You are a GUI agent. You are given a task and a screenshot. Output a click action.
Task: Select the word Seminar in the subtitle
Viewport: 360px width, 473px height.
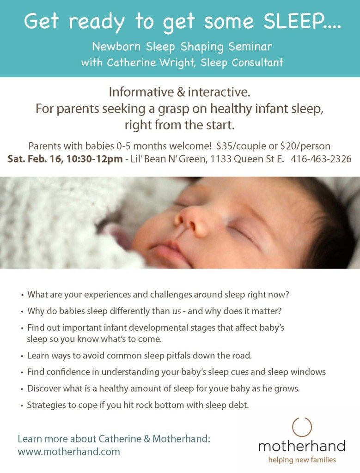click(x=250, y=47)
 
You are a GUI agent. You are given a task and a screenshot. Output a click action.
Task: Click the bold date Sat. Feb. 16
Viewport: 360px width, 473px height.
click(x=36, y=159)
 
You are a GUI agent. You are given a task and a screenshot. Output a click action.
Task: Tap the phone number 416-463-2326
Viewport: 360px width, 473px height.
click(x=321, y=159)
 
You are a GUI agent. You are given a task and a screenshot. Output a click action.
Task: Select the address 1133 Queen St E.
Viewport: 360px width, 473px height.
click(x=247, y=159)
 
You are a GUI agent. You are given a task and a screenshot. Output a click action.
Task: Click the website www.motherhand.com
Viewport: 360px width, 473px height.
click(x=69, y=452)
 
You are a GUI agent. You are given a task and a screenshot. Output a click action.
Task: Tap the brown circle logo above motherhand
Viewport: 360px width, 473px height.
click(x=302, y=427)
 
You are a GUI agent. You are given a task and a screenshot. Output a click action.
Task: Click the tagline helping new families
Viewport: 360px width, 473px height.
click(x=302, y=460)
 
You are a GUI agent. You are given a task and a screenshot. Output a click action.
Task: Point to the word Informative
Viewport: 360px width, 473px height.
click(x=141, y=92)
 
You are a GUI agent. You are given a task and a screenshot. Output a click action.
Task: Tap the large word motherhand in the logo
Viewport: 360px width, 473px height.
click(x=302, y=446)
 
